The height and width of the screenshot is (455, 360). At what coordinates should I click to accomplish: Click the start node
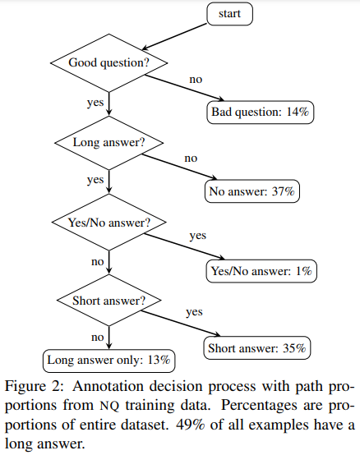230,14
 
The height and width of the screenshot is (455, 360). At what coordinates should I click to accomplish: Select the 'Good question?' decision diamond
109,62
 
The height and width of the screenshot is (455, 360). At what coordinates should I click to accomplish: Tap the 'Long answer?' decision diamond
109,142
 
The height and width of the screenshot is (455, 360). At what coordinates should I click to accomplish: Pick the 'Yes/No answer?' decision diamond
109,222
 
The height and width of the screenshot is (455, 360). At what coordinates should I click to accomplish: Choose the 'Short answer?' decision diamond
109,301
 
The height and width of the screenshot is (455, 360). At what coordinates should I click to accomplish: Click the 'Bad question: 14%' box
261,112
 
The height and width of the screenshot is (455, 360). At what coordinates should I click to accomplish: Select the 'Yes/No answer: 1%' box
261,271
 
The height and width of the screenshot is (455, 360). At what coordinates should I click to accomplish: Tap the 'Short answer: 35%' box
256,349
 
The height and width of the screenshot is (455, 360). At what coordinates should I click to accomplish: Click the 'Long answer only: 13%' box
108,360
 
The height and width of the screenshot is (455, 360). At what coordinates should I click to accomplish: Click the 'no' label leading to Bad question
196,80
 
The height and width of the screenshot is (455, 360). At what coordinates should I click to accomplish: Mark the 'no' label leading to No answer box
191,158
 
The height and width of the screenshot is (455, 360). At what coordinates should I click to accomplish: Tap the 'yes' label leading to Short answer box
194,313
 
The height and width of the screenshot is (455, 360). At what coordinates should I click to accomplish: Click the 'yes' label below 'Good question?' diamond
95,103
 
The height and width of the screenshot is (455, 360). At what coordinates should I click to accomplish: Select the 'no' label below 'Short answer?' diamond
97,338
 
